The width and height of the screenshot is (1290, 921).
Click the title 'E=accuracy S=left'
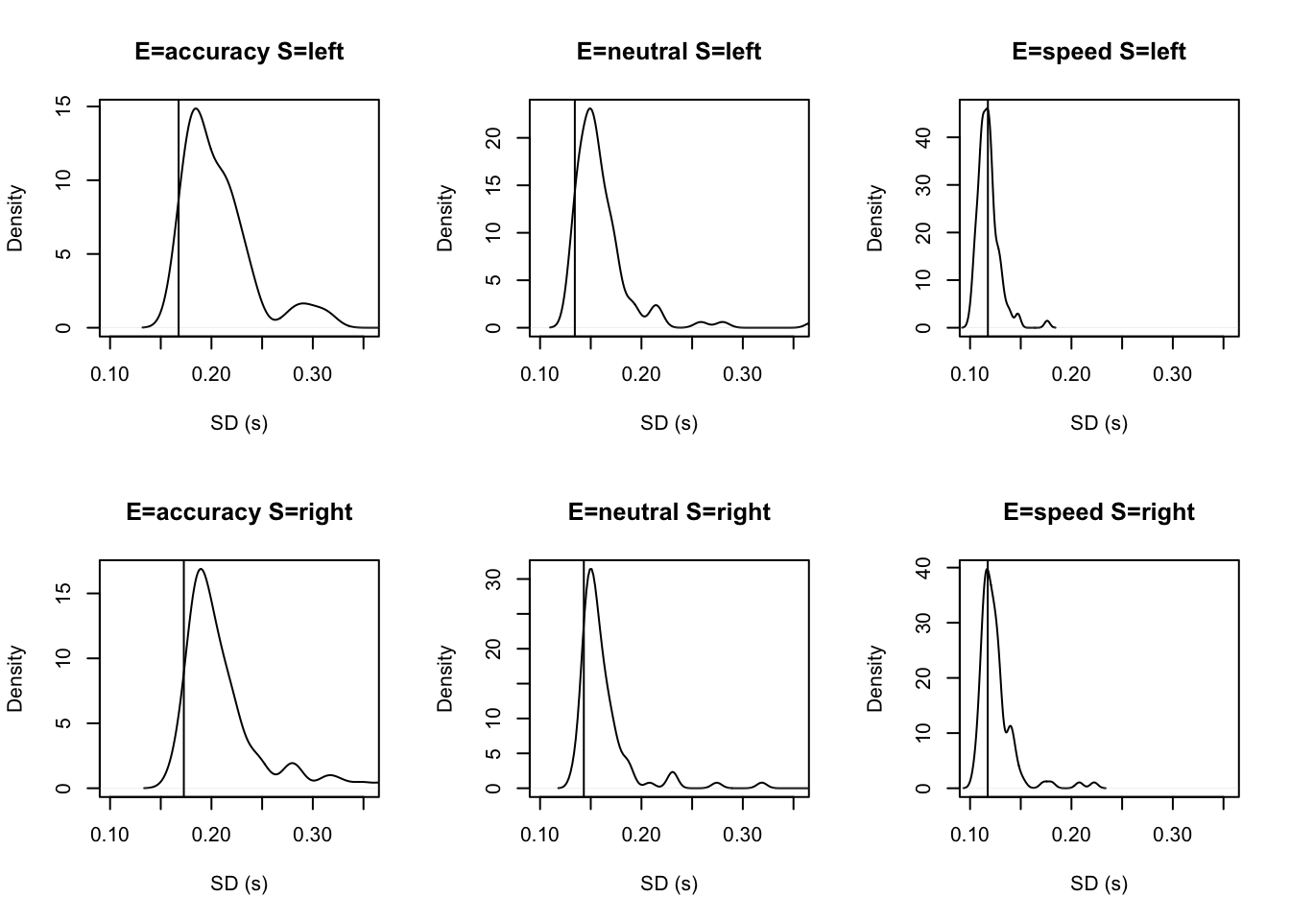coord(239,52)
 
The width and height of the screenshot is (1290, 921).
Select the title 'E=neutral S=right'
coord(669,512)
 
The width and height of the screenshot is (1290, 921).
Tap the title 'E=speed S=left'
coord(1099,52)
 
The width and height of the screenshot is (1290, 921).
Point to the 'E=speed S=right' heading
coord(1099,512)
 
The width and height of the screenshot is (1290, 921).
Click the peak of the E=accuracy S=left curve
coord(196,108)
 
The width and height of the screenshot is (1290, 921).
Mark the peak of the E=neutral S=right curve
coord(590,569)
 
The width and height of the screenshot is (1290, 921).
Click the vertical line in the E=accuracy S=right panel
coord(183,672)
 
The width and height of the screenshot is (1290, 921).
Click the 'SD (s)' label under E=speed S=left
coord(1099,423)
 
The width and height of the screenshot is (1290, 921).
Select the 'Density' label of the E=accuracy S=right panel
coord(15,678)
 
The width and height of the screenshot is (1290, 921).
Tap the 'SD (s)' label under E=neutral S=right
coord(669,884)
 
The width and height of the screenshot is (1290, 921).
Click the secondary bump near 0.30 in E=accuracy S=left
coord(304,303)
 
